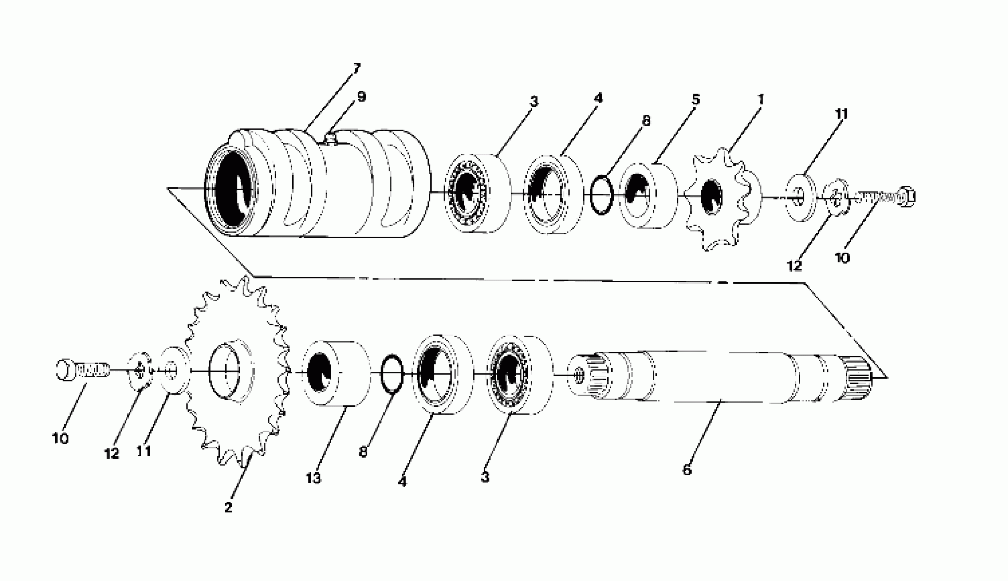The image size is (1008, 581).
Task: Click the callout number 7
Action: point(356,68)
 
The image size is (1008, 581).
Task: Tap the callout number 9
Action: point(361,97)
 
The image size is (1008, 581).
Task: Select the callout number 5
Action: point(696,100)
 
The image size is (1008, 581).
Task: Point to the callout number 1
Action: point(761,99)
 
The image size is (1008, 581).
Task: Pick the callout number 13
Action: point(313,478)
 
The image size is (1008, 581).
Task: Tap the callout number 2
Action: point(228,508)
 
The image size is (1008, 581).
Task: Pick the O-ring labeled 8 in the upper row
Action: point(601,195)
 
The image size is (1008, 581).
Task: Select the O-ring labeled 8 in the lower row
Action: point(392,374)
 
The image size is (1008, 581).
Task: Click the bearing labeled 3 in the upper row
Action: point(477,193)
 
